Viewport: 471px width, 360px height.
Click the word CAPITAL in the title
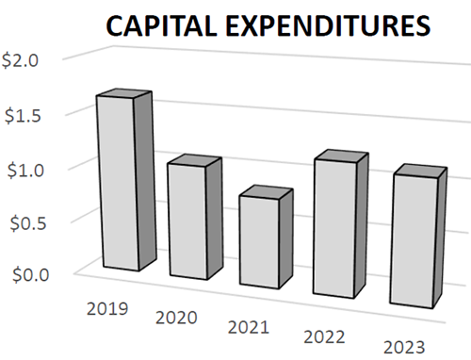point(160,27)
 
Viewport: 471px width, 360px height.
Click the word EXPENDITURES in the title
point(325,27)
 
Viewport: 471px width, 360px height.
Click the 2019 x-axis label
point(106,306)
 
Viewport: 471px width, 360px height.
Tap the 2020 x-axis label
point(177,317)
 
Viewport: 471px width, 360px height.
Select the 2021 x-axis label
point(251,327)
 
